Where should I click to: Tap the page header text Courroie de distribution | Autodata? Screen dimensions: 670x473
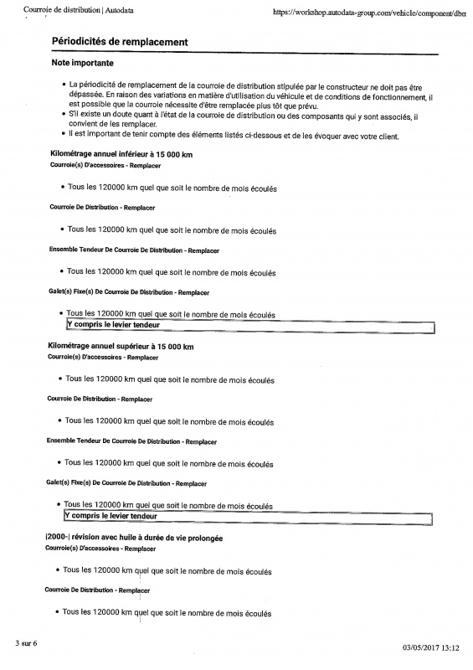pyautogui.click(x=76, y=9)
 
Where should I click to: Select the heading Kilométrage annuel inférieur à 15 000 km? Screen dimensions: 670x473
pyautogui.click(x=122, y=154)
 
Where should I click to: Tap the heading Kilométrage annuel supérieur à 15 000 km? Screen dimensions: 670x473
pyautogui.click(x=121, y=347)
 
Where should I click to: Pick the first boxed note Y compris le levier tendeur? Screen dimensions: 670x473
pyautogui.click(x=113, y=325)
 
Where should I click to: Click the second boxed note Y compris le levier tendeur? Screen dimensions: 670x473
pyautogui.click(x=111, y=517)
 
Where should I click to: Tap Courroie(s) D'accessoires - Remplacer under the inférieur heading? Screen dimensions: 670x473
pyautogui.click(x=105, y=166)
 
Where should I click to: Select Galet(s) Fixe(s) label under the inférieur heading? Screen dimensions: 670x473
pyautogui.click(x=129, y=292)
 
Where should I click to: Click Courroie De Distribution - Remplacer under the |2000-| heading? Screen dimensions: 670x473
pyautogui.click(x=98, y=590)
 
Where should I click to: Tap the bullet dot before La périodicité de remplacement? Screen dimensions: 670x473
pyautogui.click(x=64, y=85)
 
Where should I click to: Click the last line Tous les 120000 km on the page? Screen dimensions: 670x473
pyautogui.click(x=167, y=613)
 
